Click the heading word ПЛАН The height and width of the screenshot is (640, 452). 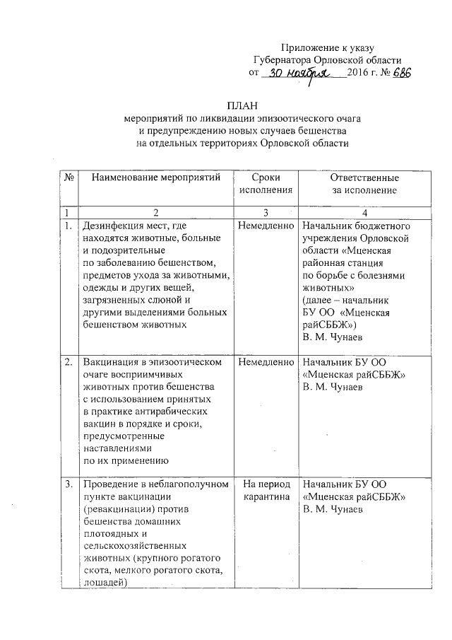(x=242, y=105)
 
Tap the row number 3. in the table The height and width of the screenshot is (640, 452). (x=69, y=485)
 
